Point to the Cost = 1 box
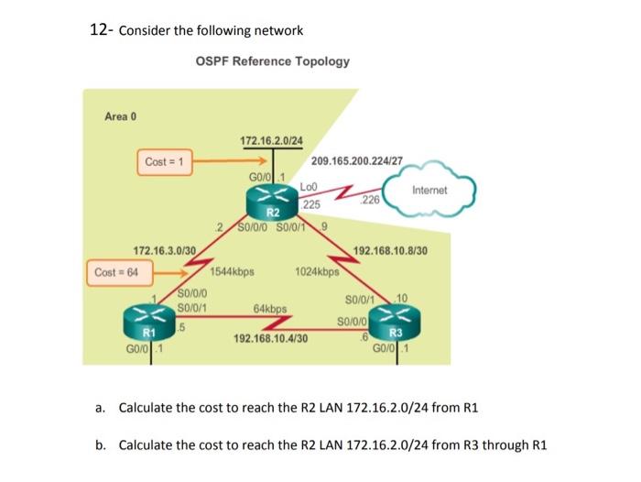[165, 162]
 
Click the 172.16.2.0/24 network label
[271, 141]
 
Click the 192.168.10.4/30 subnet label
[271, 338]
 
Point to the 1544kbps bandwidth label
[232, 272]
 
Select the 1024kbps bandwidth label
[318, 272]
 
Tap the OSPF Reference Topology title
[272, 61]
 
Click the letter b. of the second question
[99, 445]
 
